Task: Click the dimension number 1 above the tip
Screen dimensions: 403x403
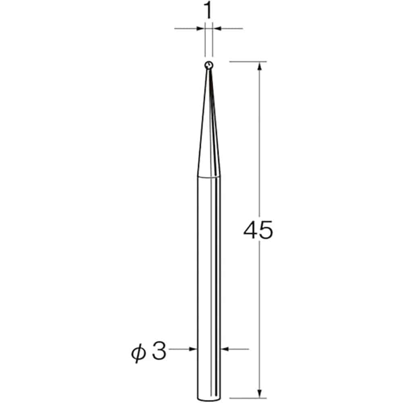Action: pos(208,10)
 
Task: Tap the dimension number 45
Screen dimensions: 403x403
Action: pos(258,230)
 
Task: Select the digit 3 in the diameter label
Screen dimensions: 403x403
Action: pos(159,351)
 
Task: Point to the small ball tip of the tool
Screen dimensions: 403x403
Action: pos(209,65)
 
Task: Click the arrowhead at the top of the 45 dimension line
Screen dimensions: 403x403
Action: pos(260,66)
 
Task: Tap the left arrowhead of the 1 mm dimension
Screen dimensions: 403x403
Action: pos(201,29)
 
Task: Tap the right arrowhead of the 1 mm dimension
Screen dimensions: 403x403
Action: pos(217,29)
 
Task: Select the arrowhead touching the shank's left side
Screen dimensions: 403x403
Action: pos(193,349)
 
